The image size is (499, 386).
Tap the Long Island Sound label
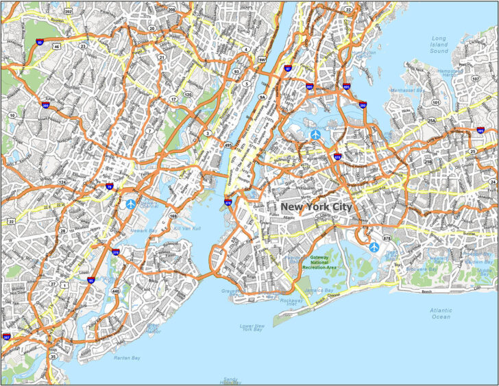coord(439,45)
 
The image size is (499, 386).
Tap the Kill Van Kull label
coord(186,228)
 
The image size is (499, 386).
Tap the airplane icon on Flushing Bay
coord(315,135)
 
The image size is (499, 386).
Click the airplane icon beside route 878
coord(373,246)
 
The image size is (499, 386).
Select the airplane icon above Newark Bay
coord(131,204)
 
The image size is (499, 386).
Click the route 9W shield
coord(261,60)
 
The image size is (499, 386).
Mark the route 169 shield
coord(173,217)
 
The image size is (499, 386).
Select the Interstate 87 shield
coord(288,69)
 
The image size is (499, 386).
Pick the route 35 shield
coord(53,357)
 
